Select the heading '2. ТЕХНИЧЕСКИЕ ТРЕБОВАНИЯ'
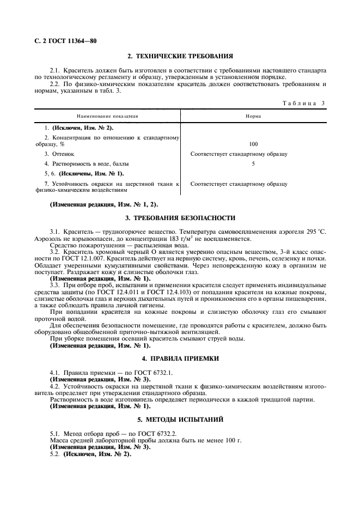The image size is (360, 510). click(x=180, y=56)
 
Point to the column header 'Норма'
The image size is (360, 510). click(x=253, y=116)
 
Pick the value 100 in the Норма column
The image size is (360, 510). click(x=253, y=144)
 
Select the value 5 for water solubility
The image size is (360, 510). click(x=253, y=163)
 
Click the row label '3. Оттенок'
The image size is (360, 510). click(x=57, y=154)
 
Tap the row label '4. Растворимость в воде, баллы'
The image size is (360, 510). click(x=87, y=163)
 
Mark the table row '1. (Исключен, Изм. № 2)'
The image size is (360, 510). click(x=79, y=127)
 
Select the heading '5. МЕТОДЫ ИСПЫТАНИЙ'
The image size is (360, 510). click(x=180, y=420)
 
